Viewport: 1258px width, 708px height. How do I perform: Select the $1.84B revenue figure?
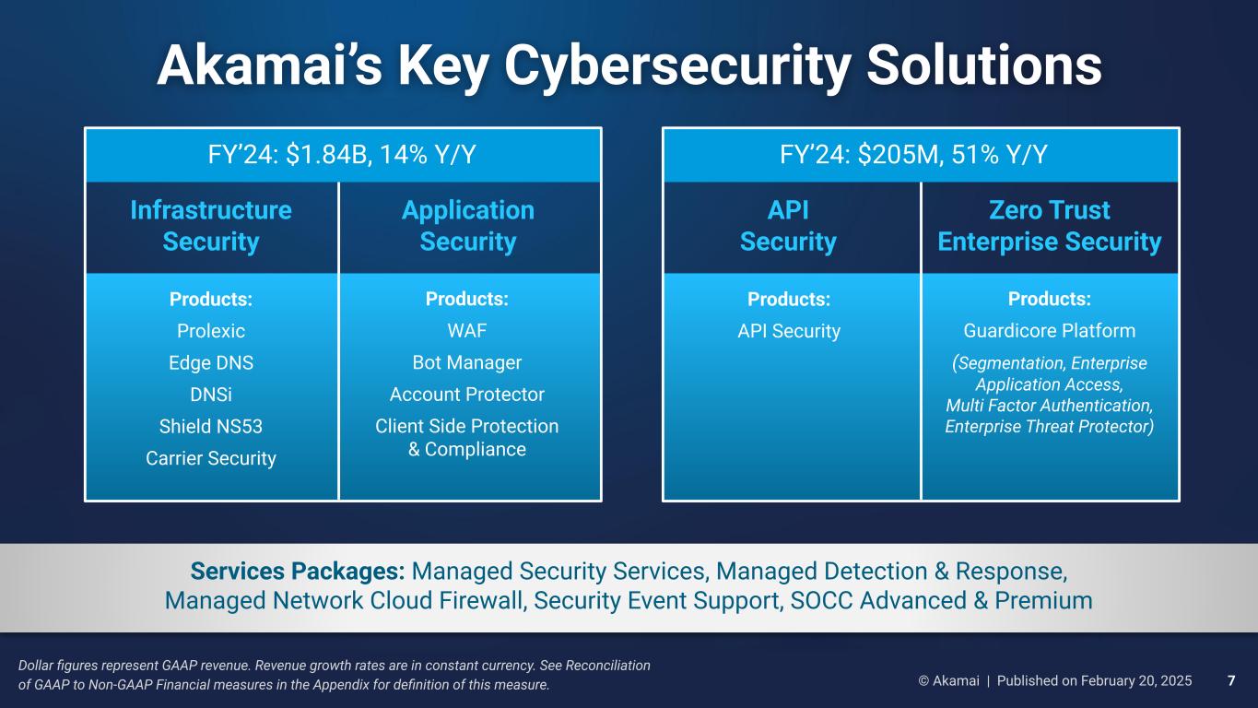(326, 155)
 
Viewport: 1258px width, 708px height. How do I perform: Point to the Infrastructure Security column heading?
(211, 226)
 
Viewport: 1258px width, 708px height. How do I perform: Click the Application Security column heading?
(468, 226)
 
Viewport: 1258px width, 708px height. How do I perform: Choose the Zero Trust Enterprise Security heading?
(1049, 226)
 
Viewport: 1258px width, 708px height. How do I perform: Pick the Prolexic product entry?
(211, 331)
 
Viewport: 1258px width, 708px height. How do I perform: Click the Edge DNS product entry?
(211, 362)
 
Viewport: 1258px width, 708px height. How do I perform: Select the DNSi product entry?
(211, 395)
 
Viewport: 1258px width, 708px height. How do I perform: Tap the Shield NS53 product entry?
(211, 427)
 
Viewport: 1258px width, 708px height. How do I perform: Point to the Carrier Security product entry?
(211, 458)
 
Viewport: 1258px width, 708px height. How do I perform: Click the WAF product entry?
(467, 330)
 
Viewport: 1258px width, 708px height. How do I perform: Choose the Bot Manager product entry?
(467, 362)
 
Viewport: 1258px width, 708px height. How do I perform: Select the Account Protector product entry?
(467, 395)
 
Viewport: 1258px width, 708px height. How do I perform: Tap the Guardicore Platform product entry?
(1050, 330)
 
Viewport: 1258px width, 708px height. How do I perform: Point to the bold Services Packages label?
(298, 572)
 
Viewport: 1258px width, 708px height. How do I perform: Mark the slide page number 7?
(1231, 681)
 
